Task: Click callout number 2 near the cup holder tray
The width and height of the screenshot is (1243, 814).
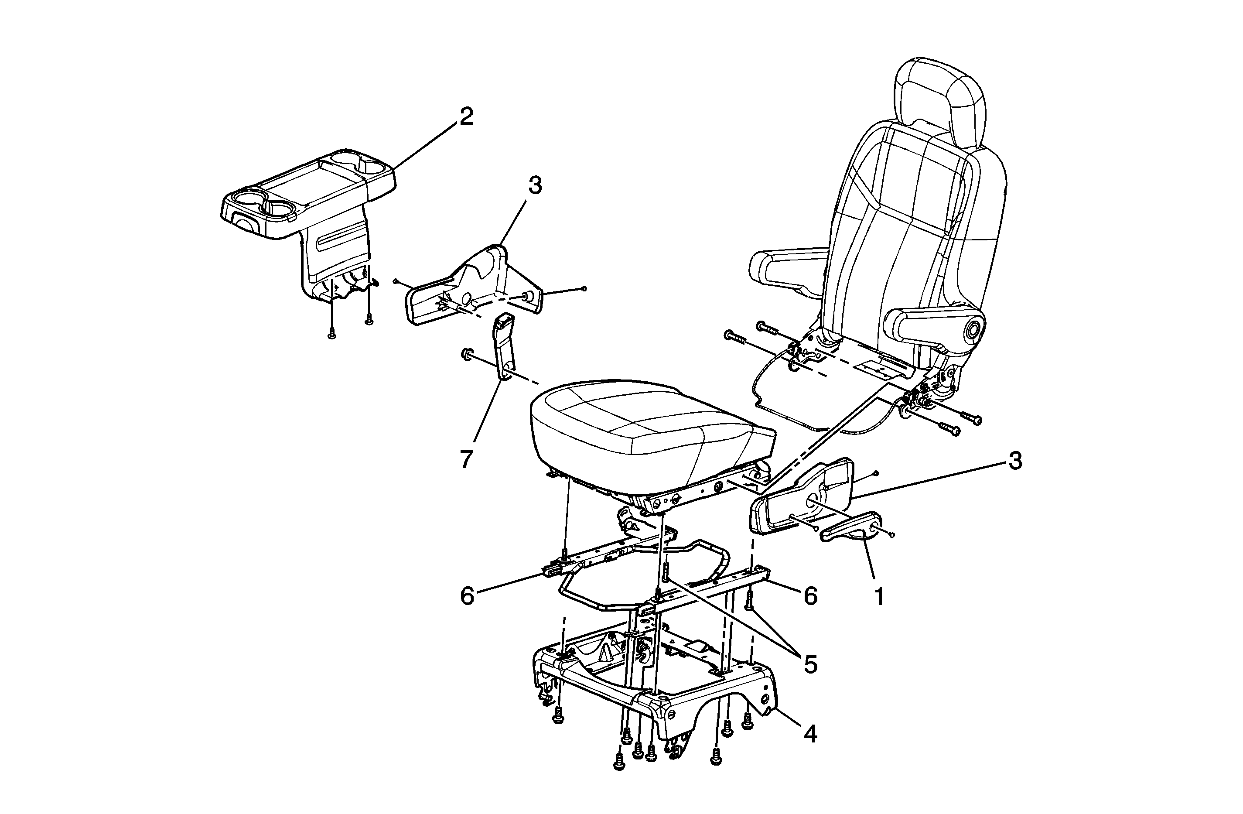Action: pyautogui.click(x=465, y=116)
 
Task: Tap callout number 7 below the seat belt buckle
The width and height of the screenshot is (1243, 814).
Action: pyautogui.click(x=466, y=460)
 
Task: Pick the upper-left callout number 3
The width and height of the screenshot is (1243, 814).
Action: pyautogui.click(x=535, y=185)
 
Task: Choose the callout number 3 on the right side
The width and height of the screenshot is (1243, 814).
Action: pyautogui.click(x=1015, y=461)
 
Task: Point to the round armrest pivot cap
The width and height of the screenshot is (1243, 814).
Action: pyautogui.click(x=973, y=330)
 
